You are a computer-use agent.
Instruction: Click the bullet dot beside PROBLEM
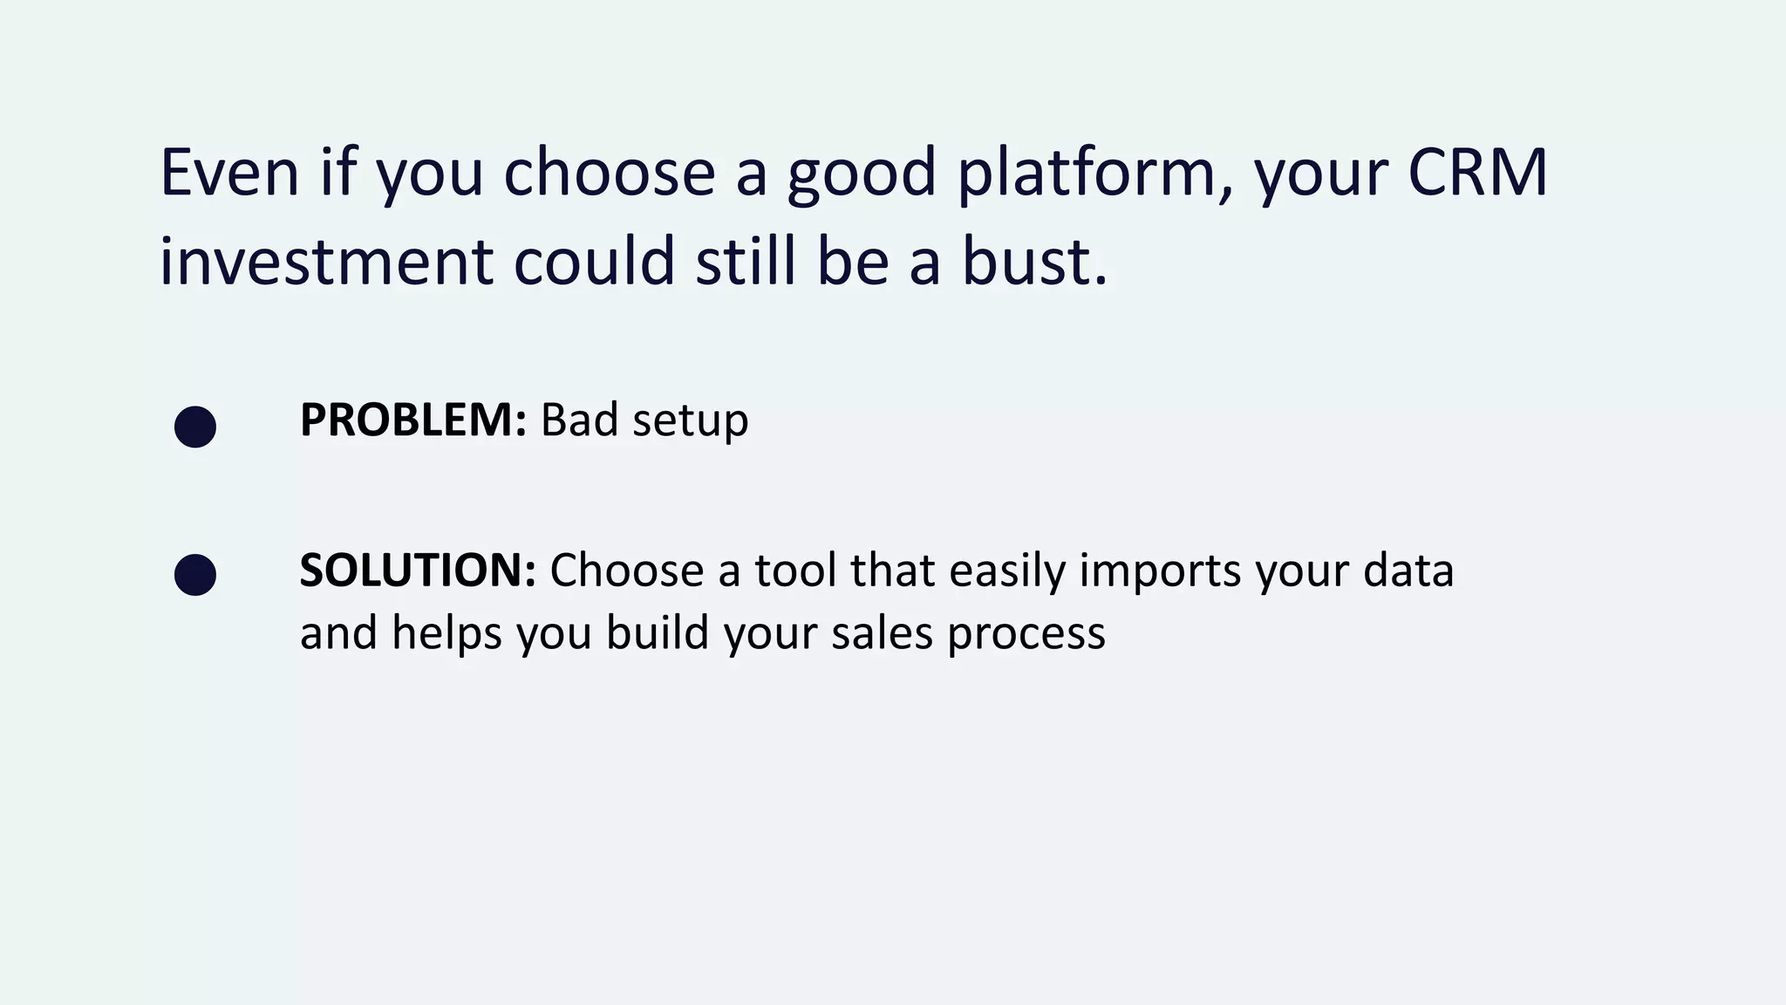(x=195, y=427)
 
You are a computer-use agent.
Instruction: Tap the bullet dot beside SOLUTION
(x=195, y=575)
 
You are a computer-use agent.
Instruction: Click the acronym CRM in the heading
(x=1477, y=172)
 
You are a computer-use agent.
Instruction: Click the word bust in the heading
(x=1033, y=261)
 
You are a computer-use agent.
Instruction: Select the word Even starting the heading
(x=230, y=172)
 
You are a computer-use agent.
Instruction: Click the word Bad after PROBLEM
(x=579, y=420)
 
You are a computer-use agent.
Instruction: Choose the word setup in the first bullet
(x=690, y=421)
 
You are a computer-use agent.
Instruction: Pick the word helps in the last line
(x=446, y=632)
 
